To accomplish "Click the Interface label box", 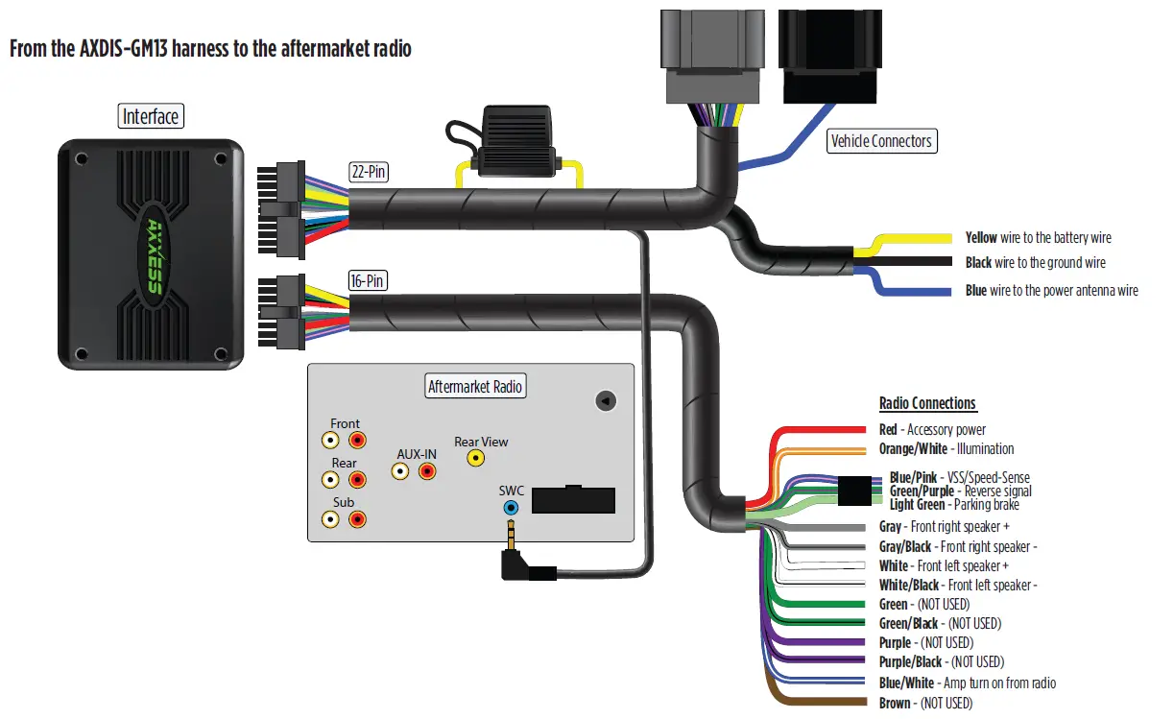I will (x=151, y=117).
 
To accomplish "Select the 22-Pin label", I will (x=370, y=173).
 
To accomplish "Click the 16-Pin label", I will (x=370, y=281).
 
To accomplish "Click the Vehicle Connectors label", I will (x=880, y=141).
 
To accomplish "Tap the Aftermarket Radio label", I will (x=475, y=386).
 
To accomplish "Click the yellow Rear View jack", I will (x=475, y=459).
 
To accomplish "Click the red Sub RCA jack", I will (x=357, y=519).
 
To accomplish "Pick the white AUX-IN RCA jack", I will (x=400, y=471).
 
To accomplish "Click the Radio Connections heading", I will (x=927, y=404).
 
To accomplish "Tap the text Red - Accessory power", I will (x=932, y=430).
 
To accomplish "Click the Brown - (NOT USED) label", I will (x=925, y=704).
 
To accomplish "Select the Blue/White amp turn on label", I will (x=967, y=683).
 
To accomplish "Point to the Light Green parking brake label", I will (x=954, y=505).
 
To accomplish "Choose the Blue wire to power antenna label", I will (x=1051, y=291).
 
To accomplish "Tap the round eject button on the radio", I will (x=605, y=400).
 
